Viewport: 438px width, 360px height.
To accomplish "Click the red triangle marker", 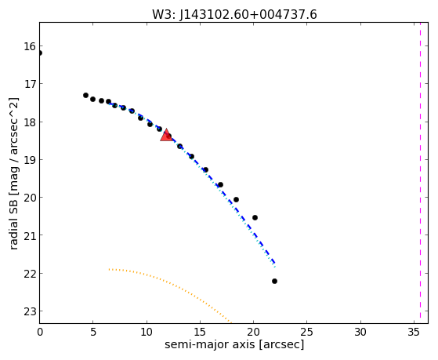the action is pos(166,135).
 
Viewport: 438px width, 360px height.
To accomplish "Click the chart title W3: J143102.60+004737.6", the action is pos(234,14).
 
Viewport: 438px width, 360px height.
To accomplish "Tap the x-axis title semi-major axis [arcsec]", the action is pos(234,344).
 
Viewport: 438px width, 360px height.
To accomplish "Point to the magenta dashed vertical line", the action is pos(420,173).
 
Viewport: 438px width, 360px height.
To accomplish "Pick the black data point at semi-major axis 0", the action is pos(40,53).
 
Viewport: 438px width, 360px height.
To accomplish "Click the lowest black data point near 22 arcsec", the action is pos(274,281).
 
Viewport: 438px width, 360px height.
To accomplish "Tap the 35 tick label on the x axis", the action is pos(414,332).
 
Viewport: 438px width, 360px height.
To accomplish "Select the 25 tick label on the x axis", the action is pos(306,332).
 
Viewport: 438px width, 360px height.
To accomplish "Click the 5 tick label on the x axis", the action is pos(93,332).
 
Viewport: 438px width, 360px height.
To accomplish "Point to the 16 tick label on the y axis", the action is pos(30,46).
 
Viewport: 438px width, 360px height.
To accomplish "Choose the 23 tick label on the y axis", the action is pos(30,311).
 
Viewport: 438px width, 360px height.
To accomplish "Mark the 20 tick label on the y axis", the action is pos(30,198).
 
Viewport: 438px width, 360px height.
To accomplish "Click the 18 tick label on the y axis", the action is pos(30,122).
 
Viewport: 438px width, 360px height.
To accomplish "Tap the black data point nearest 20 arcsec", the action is pos(255,217).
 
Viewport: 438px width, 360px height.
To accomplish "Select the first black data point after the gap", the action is pos(85,96).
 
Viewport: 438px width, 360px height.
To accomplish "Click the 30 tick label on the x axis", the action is pos(360,332).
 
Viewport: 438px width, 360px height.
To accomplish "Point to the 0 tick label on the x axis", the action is pos(40,332).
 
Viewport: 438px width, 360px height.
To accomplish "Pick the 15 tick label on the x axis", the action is pos(200,332).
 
